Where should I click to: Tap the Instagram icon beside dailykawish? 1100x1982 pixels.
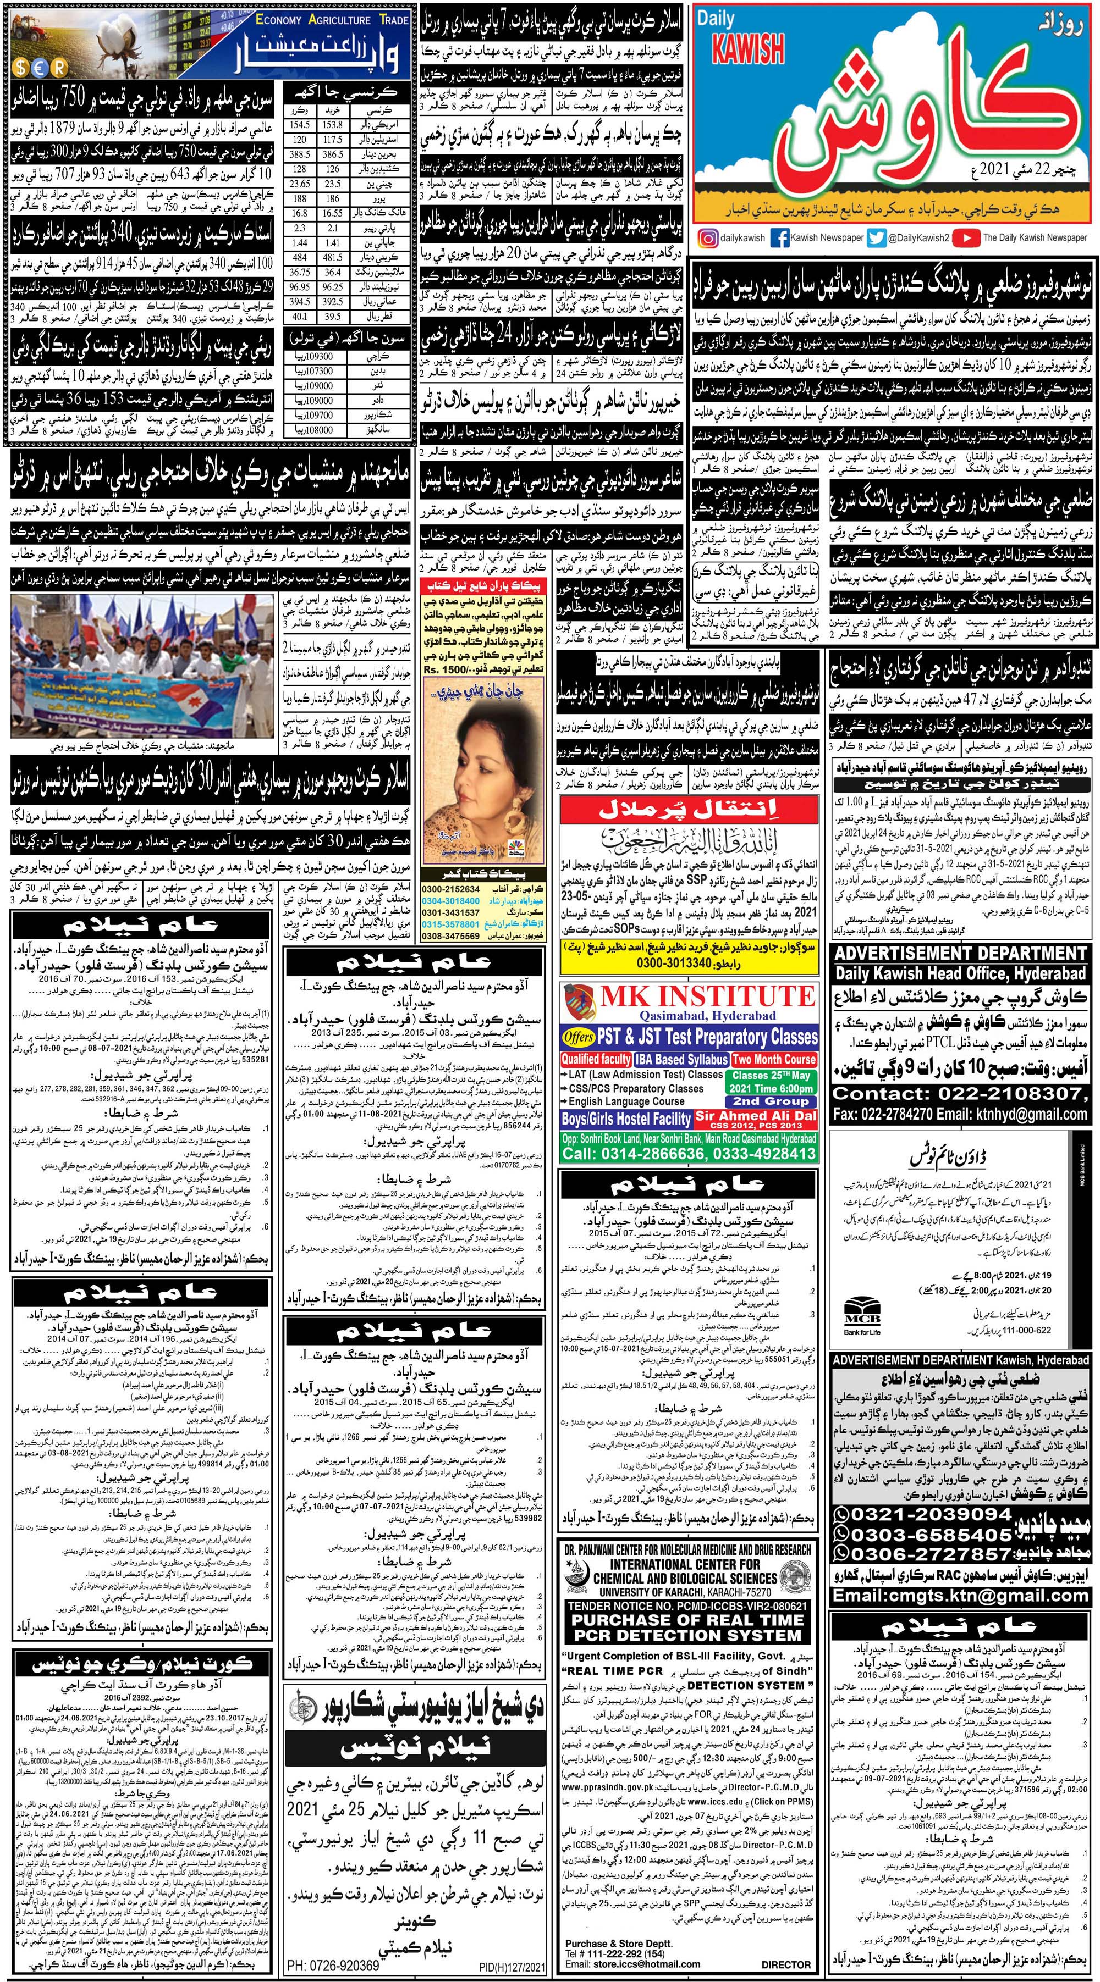click(706, 238)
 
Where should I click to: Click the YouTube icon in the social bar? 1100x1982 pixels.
click(969, 238)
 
